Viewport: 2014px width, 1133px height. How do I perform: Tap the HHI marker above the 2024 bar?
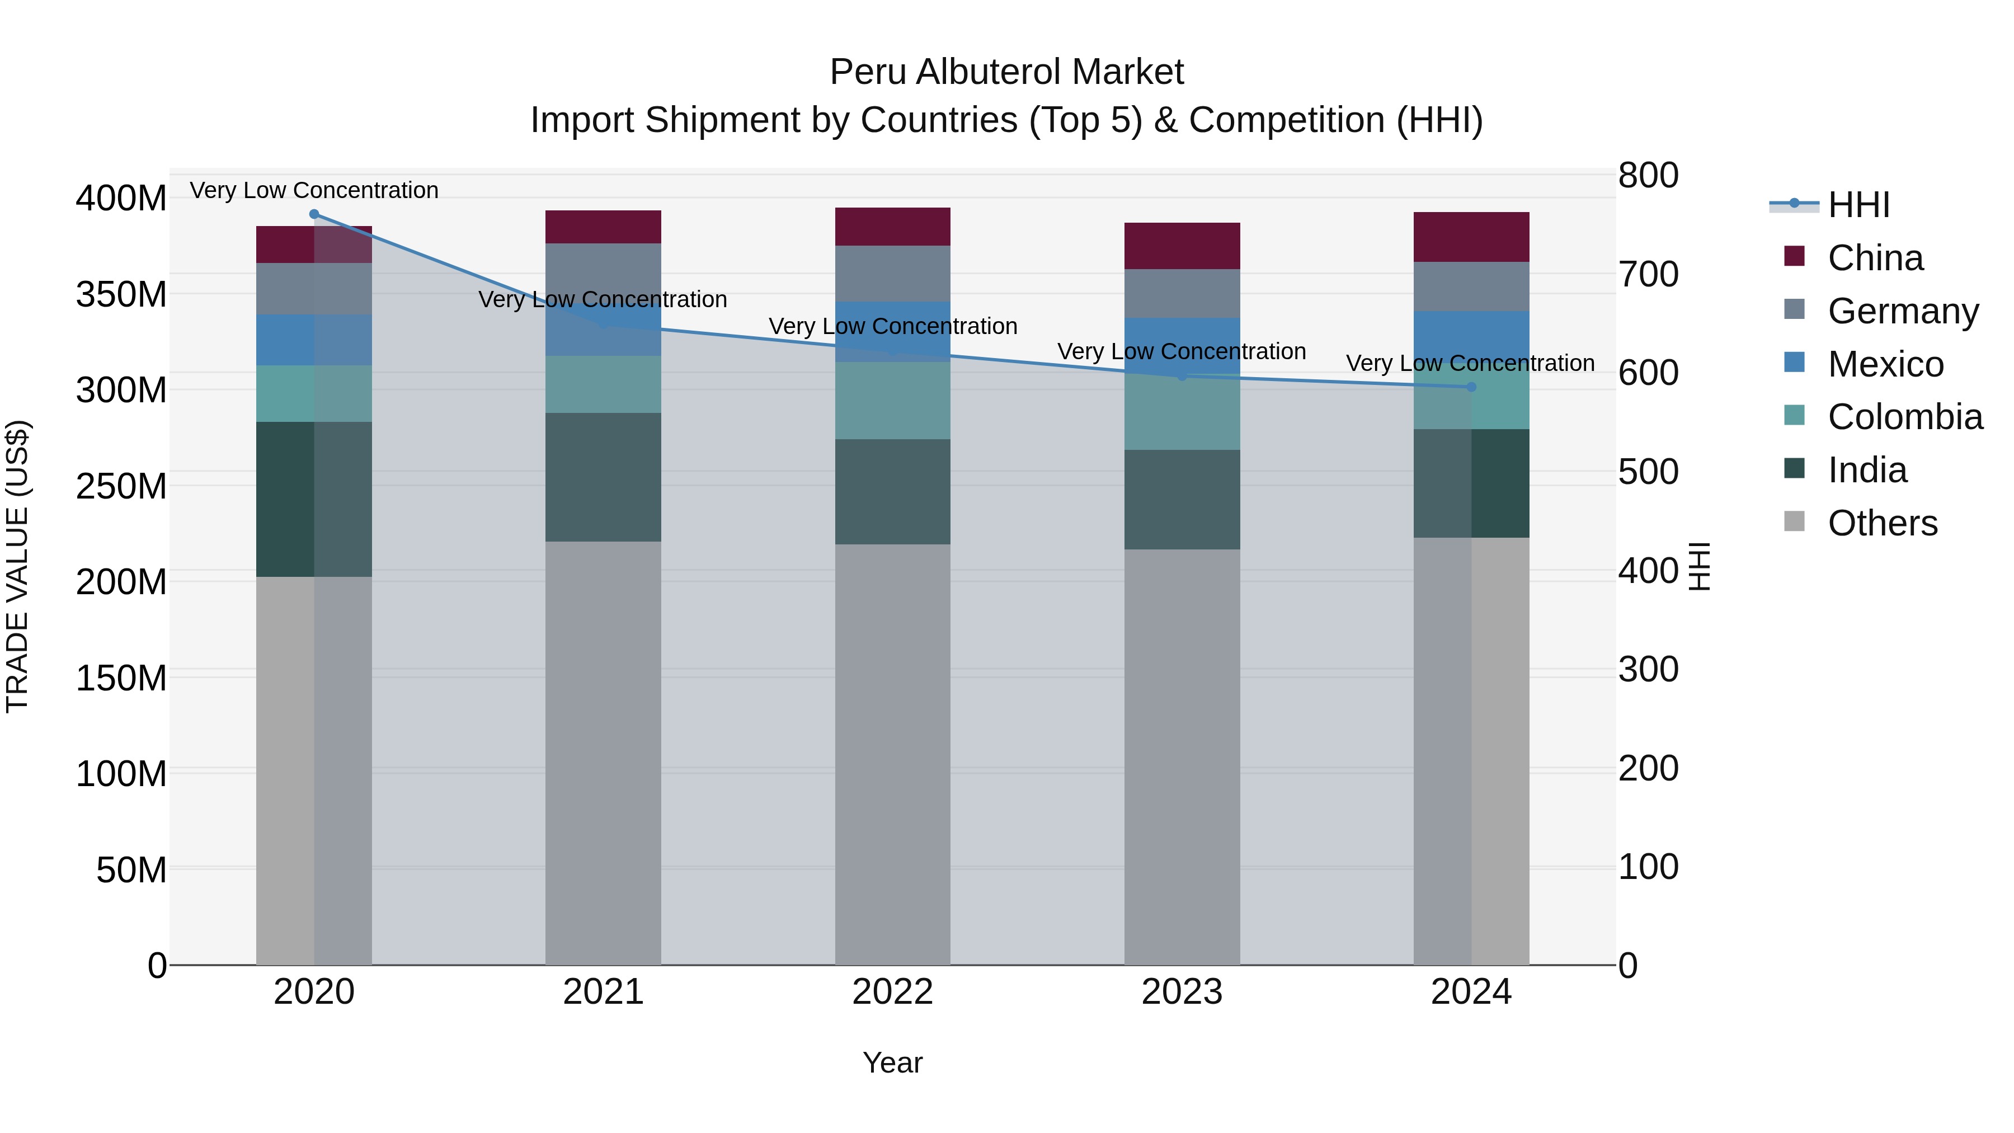[1471, 387]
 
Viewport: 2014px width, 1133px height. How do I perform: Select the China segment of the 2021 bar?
[603, 227]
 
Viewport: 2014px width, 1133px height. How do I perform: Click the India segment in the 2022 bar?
[892, 491]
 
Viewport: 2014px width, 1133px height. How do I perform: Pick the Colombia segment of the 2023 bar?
[1182, 415]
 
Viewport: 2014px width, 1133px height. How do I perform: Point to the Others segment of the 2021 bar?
[603, 751]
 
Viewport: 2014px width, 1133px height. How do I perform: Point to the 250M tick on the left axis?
[121, 486]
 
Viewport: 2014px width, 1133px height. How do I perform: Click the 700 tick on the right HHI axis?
[1648, 275]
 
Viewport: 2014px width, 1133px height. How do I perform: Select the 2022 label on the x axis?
[892, 992]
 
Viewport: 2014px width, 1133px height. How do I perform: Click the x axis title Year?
[892, 1063]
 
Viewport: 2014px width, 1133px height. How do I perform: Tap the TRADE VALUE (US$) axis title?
[17, 566]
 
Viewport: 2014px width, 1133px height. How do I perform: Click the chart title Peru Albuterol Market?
[1006, 72]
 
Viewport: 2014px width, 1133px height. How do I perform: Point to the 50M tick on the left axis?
[131, 869]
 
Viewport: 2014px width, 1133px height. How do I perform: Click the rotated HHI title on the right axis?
[1700, 566]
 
